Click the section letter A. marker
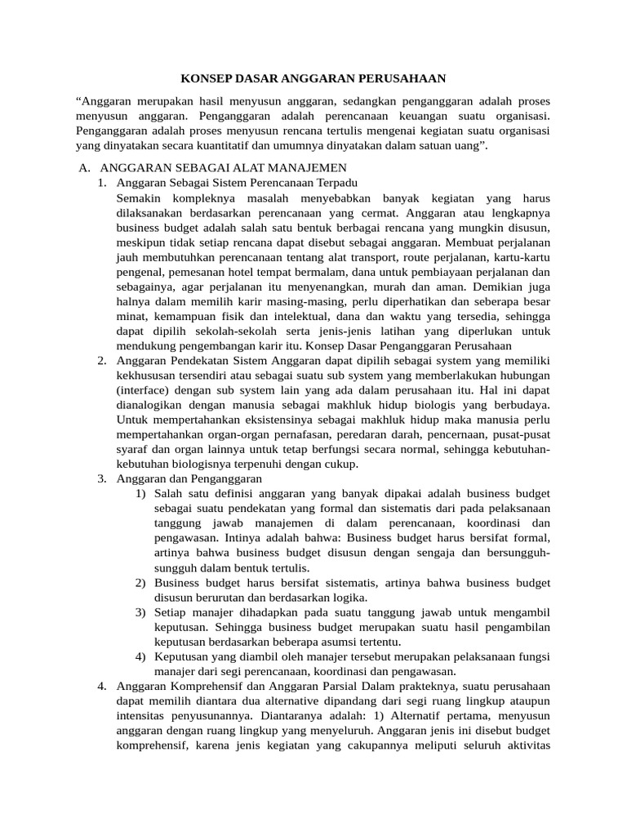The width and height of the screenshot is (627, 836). tap(83, 167)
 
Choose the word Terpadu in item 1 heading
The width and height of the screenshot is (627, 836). tap(336, 183)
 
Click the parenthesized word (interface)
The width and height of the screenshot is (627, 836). tap(144, 390)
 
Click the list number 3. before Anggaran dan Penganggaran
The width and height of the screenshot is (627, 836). tap(102, 478)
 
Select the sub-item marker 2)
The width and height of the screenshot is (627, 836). tap(141, 582)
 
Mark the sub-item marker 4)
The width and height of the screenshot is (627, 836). tap(141, 656)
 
